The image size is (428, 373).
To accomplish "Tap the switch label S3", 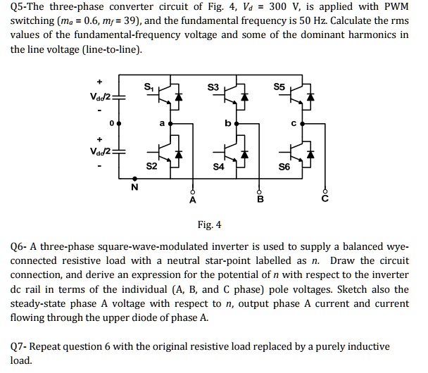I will tap(214, 87).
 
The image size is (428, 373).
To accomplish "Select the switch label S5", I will tap(281, 87).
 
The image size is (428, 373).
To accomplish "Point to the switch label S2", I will tap(151, 167).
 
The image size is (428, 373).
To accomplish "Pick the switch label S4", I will tap(218, 167).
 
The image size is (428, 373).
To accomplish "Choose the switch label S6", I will tap(284, 167).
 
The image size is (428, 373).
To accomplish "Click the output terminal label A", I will tap(193, 200).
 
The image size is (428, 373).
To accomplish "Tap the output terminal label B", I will tap(260, 200).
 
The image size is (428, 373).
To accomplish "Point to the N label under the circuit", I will tap(134, 187).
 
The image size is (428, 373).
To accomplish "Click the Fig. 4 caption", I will tap(209, 225).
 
